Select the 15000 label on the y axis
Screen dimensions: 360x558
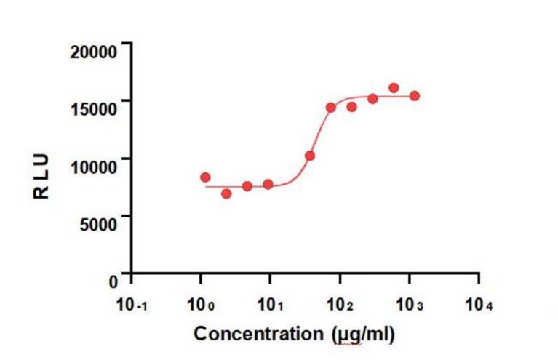[93, 108]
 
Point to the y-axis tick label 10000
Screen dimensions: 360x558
[93, 165]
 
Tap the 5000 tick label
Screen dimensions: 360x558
[98, 223]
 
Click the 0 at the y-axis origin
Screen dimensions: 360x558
[113, 280]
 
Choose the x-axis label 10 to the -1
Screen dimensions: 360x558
[133, 305]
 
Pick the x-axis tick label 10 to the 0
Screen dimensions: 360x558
[202, 305]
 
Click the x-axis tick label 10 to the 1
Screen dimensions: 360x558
[271, 305]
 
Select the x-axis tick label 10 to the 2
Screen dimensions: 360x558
[341, 305]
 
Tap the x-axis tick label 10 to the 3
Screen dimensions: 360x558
[410, 305]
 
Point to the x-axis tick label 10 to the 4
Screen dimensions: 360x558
[479, 305]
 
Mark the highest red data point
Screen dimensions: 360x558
[394, 88]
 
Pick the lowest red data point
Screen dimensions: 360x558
[226, 193]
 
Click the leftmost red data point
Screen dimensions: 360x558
[205, 177]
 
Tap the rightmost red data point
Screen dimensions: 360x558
[415, 96]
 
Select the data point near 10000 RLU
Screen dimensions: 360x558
[310, 156]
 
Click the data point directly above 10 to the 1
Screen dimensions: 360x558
[268, 185]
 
